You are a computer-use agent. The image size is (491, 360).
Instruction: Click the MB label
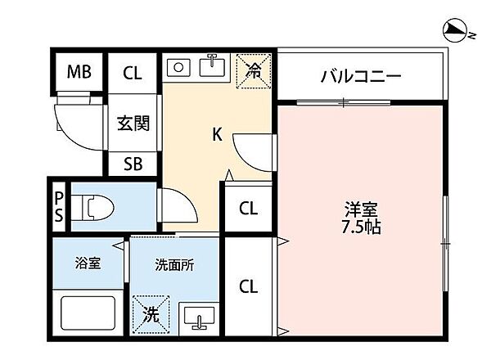click(x=79, y=74)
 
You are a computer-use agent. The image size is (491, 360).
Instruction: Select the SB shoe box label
click(x=133, y=164)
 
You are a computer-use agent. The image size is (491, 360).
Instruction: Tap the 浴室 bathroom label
click(x=88, y=264)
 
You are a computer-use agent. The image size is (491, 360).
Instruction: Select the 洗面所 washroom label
click(x=173, y=264)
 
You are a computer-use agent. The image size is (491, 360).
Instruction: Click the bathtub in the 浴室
click(x=88, y=316)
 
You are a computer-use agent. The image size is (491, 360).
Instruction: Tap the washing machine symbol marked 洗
click(x=152, y=313)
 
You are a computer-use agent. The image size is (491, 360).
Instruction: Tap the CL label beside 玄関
click(x=133, y=74)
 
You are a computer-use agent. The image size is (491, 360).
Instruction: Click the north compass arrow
click(x=452, y=31)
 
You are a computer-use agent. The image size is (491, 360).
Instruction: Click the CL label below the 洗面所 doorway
click(x=249, y=286)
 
